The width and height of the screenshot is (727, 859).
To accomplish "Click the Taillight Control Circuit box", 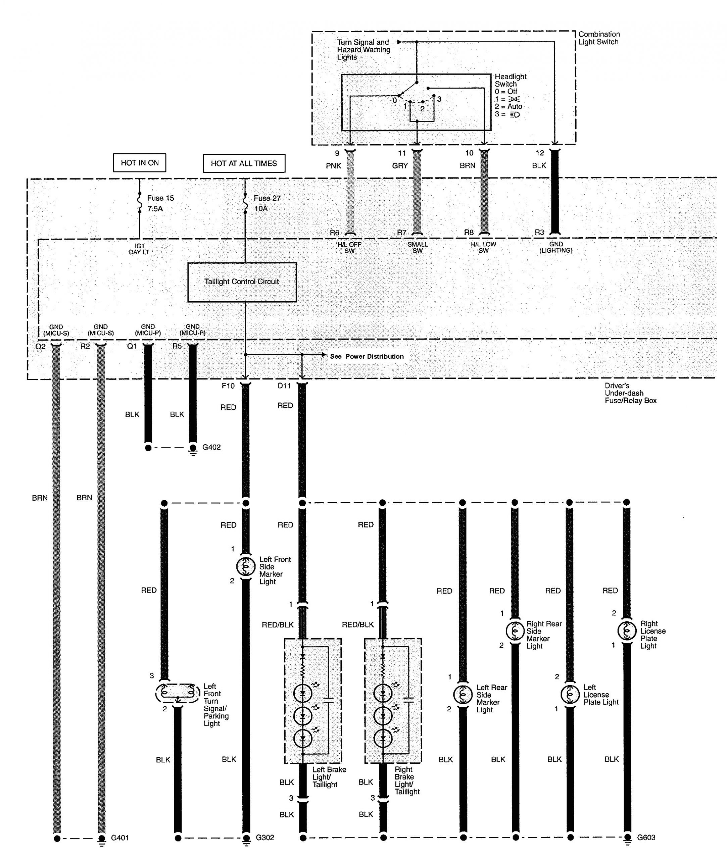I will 242,282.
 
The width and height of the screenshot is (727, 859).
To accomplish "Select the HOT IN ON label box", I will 140,163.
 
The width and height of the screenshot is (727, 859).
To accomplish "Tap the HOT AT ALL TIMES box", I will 244,163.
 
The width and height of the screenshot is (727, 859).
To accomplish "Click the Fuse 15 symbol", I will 139,203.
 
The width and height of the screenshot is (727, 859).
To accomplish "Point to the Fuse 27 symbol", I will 245,203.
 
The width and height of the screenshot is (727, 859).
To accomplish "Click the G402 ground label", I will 211,447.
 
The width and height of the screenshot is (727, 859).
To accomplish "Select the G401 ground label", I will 120,838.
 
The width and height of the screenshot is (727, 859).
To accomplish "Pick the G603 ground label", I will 646,838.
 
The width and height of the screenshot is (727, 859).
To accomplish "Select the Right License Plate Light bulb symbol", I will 627,630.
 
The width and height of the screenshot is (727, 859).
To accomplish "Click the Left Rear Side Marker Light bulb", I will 463,695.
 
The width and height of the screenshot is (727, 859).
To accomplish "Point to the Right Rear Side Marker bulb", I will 515,630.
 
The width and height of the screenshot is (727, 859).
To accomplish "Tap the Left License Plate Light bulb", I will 570,695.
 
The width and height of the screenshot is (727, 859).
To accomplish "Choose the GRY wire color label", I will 400,166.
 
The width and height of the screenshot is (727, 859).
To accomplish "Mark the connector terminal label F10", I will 228,386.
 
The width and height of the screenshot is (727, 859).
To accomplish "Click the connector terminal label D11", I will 284,386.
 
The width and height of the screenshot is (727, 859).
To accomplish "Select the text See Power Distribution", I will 367,356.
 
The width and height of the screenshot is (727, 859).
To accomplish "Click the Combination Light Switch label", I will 599,38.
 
